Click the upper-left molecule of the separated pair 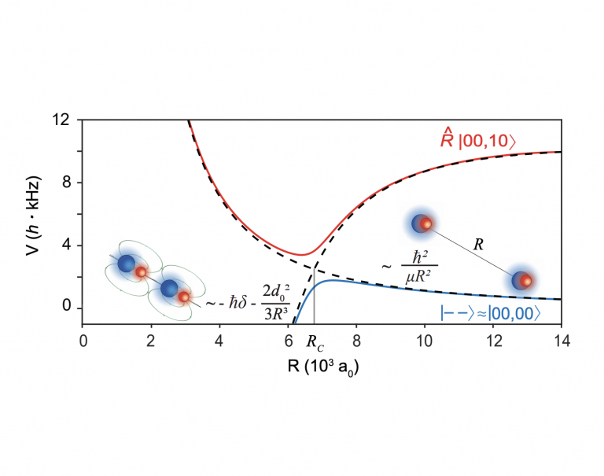click(422, 223)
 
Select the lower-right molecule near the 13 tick click(521, 280)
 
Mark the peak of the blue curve click(333, 280)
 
